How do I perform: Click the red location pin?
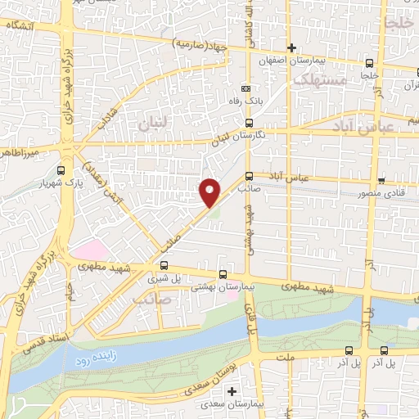click(209, 191)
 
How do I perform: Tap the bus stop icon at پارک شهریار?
click(63, 169)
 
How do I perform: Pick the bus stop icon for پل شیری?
click(164, 265)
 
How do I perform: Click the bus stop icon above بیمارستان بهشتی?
click(223, 275)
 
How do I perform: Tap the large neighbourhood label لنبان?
click(155, 125)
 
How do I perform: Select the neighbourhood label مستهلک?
click(318, 80)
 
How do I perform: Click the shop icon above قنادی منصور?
click(381, 180)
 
